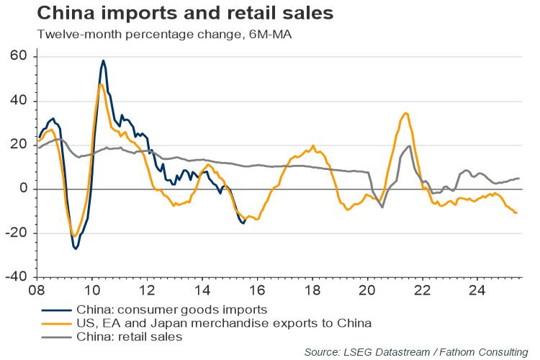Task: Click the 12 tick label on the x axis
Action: [147, 292]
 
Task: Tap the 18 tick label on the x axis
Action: [312, 292]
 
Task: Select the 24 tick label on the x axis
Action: [477, 292]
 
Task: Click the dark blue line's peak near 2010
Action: [104, 60]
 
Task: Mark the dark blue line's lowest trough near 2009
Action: [76, 248]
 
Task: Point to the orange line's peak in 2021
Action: [407, 113]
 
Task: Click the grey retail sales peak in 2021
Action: [410, 146]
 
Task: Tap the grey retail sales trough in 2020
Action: [382, 207]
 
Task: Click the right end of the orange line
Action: [516, 212]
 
